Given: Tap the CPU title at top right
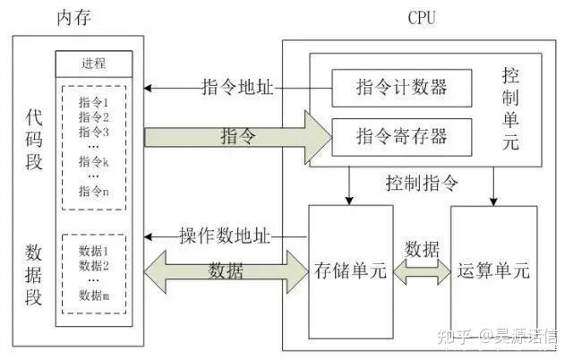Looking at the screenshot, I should click(421, 17).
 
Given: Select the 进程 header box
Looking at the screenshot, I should click(94, 64).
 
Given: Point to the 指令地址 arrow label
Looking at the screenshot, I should click(236, 88).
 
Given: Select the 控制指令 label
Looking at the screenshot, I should click(422, 184).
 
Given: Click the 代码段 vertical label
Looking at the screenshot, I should click(34, 140).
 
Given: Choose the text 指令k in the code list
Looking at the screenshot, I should click(93, 161).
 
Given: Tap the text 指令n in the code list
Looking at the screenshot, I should click(93, 190).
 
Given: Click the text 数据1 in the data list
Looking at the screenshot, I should click(93, 252).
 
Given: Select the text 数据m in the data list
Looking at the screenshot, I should click(93, 295).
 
